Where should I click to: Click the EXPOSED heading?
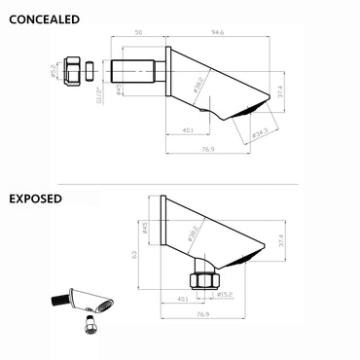(x=36, y=198)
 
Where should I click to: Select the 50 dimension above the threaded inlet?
(x=140, y=33)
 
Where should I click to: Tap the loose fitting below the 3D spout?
(x=90, y=324)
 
